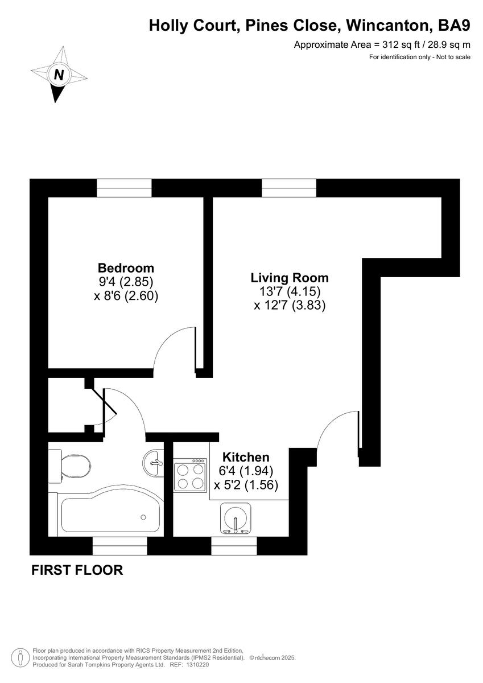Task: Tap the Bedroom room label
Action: pyautogui.click(x=126, y=268)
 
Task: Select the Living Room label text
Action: pyautogui.click(x=290, y=278)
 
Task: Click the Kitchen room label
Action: pyautogui.click(x=245, y=456)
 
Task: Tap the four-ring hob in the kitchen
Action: pyautogui.click(x=190, y=476)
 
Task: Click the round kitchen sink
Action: pyautogui.click(x=235, y=519)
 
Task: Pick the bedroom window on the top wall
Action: pyautogui.click(x=124, y=187)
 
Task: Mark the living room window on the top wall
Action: pyautogui.click(x=289, y=187)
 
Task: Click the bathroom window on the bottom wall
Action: pyautogui.click(x=119, y=546)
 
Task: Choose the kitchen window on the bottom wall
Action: pyautogui.click(x=234, y=546)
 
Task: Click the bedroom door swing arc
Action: pyautogui.click(x=174, y=347)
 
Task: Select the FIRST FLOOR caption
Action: pyautogui.click(x=77, y=570)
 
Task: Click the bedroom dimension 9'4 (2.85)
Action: pyautogui.click(x=126, y=282)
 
